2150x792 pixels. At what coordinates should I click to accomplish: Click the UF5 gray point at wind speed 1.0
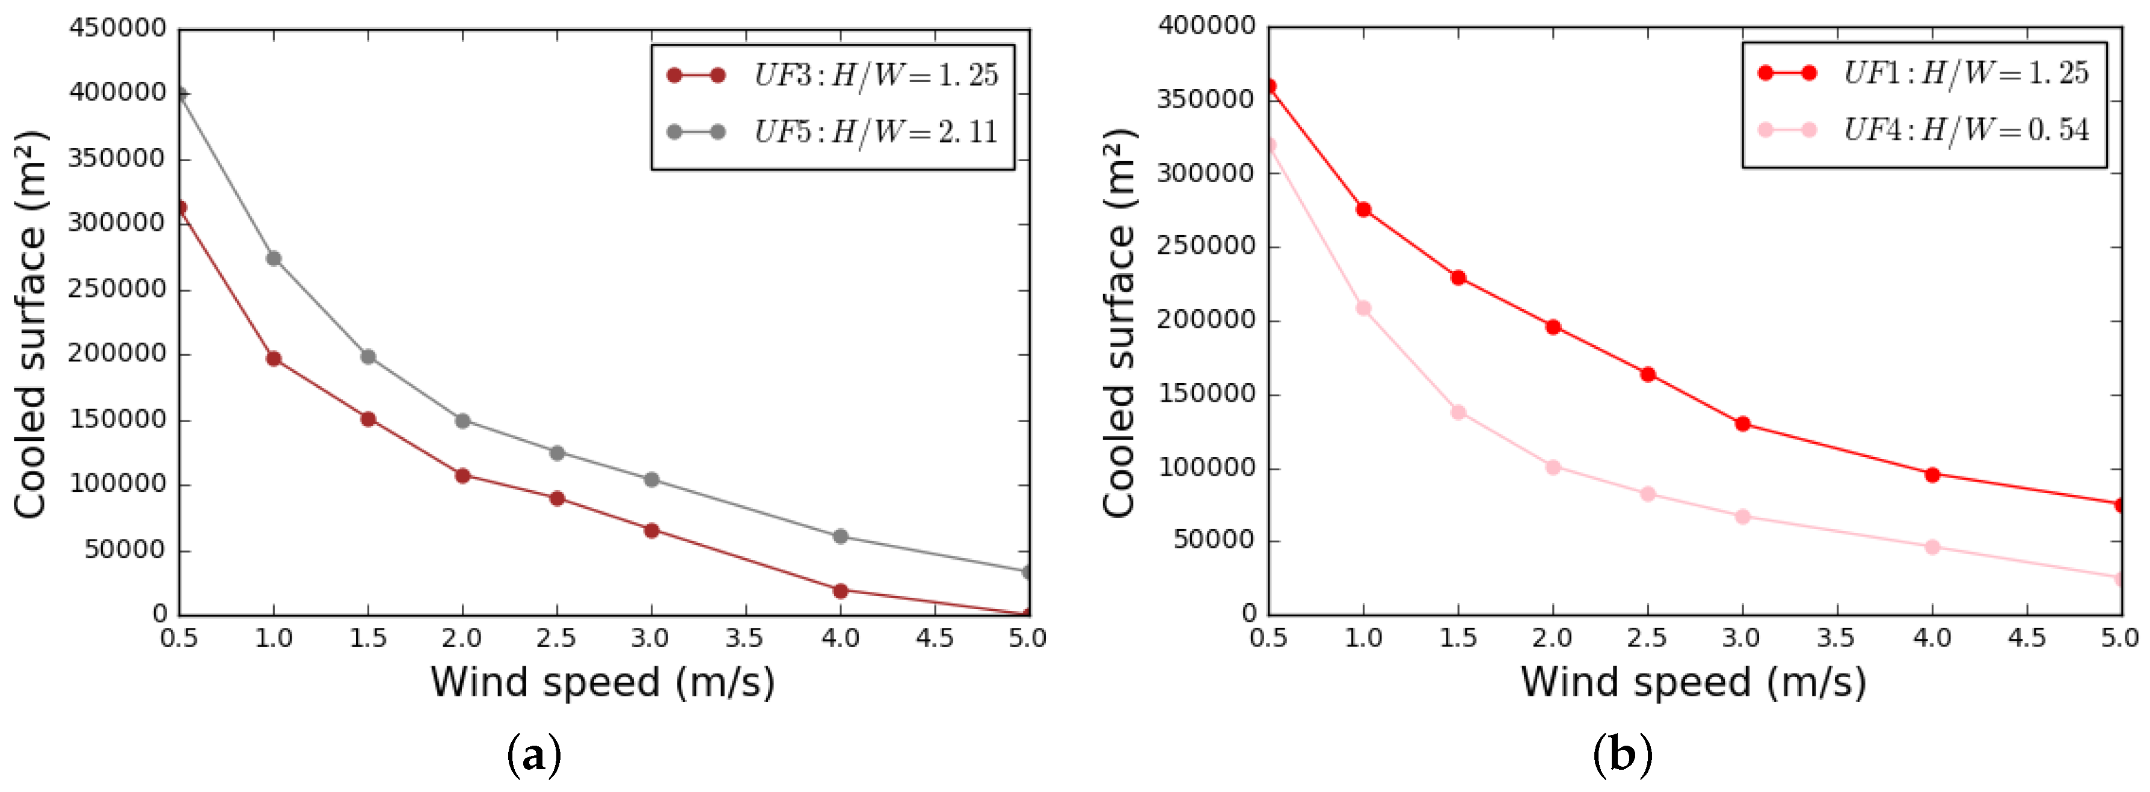click(x=274, y=259)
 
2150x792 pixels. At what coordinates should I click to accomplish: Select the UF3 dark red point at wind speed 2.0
click(x=462, y=476)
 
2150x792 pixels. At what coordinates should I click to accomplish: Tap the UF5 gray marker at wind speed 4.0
click(x=841, y=536)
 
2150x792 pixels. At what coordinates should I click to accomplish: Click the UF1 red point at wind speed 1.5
click(x=1458, y=278)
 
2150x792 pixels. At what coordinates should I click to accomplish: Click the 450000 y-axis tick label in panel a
click(x=118, y=28)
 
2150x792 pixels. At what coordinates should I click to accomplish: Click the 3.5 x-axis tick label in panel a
click(x=745, y=639)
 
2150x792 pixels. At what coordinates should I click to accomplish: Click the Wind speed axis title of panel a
click(x=603, y=683)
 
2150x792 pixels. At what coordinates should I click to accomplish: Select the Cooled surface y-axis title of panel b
click(x=1119, y=323)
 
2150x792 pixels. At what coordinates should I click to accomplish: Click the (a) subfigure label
click(x=534, y=756)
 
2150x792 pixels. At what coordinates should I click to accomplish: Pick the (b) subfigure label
click(x=1623, y=756)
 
